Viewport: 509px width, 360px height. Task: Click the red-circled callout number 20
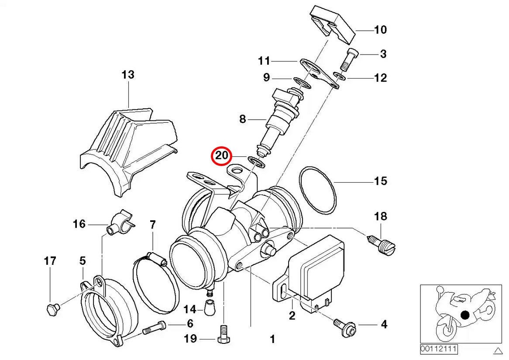pyautogui.click(x=222, y=156)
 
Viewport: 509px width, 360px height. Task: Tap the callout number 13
pyautogui.click(x=128, y=75)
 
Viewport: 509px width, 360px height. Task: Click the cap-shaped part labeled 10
pyautogui.click(x=332, y=24)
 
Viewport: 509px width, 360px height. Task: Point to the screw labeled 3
pyautogui.click(x=348, y=59)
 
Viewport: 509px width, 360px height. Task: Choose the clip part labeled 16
pyautogui.click(x=121, y=223)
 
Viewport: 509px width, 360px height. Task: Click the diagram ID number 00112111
pyautogui.click(x=439, y=349)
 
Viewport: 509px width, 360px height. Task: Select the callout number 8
pyautogui.click(x=242, y=119)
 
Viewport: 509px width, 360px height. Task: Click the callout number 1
pyautogui.click(x=272, y=339)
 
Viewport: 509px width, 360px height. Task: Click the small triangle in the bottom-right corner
pyautogui.click(x=497, y=350)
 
